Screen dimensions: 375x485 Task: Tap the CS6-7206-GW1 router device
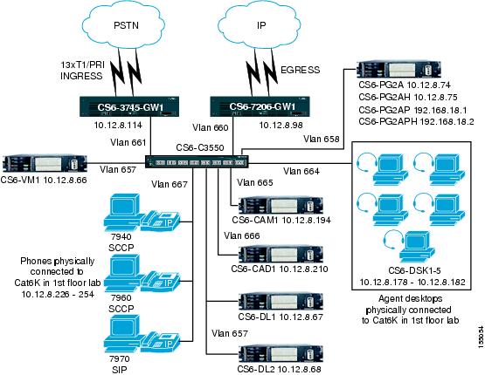(263, 106)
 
